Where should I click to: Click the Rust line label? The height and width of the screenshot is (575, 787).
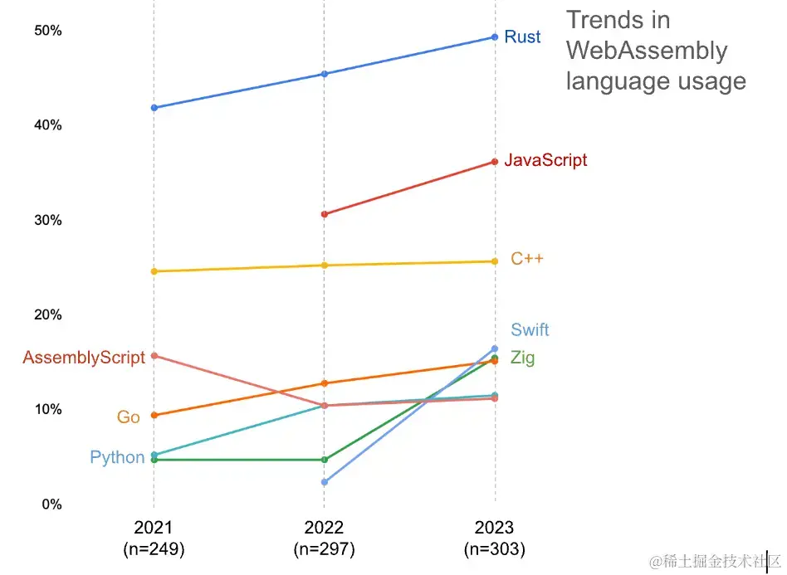[x=522, y=37]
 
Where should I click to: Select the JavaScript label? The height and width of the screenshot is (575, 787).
[x=545, y=160]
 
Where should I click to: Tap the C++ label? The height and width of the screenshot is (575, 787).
[x=527, y=259]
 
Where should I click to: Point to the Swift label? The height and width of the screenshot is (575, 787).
[x=530, y=329]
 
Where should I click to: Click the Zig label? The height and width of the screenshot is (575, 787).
[x=522, y=358]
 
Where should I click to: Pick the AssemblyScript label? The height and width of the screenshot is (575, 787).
[x=84, y=358]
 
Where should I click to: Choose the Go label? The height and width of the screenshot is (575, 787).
[x=128, y=417]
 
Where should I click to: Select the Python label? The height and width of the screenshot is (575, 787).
[x=117, y=457]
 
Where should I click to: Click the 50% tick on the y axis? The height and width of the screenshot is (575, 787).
[x=48, y=31]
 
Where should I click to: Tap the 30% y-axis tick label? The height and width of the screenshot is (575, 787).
[x=48, y=220]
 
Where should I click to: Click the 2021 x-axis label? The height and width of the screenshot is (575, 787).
[x=154, y=528]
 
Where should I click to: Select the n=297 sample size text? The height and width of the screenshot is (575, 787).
[x=324, y=548]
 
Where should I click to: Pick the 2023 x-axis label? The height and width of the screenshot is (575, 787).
[x=495, y=528]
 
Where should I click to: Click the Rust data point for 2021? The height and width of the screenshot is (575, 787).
[x=154, y=108]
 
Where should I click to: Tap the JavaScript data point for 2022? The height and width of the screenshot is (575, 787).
[x=325, y=214]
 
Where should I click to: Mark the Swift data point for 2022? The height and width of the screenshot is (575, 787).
[x=325, y=482]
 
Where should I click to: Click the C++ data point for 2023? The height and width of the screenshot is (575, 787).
[x=495, y=261]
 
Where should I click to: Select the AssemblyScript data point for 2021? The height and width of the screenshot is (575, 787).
[x=154, y=356]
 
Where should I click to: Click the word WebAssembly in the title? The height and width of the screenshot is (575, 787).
[x=647, y=51]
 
